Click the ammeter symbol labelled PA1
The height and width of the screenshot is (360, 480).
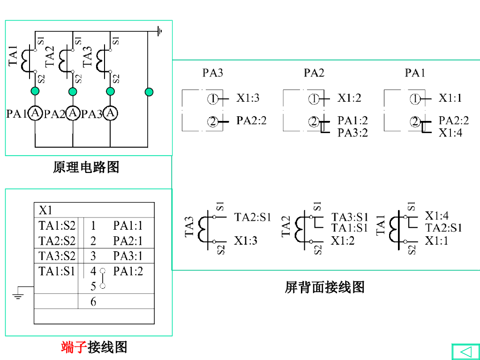(35, 113)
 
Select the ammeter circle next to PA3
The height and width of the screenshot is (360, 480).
(110, 113)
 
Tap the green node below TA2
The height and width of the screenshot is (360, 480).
(73, 91)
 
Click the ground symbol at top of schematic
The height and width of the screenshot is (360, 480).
(160, 31)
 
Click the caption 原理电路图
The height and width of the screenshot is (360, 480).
(86, 167)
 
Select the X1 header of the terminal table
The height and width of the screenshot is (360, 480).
(45, 210)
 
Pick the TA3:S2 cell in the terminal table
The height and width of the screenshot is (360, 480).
(57, 256)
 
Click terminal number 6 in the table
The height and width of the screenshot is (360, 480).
(93, 302)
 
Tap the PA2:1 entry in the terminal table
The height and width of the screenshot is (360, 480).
(127, 241)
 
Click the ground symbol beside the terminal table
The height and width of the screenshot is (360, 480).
(18, 295)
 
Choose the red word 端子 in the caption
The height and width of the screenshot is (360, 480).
(74, 347)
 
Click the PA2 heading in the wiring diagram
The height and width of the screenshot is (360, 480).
(314, 73)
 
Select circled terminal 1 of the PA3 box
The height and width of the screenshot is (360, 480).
(213, 99)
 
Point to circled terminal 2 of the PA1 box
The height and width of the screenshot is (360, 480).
(415, 122)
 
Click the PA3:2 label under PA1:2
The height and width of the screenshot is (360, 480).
(352, 133)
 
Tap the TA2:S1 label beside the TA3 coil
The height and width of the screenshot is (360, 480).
(253, 217)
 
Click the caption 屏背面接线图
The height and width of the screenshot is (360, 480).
(324, 287)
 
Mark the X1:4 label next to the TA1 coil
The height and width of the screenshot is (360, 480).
(436, 216)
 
